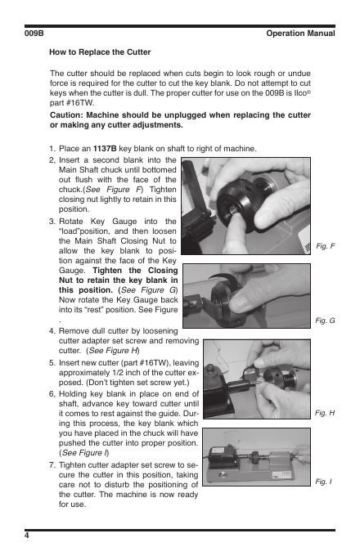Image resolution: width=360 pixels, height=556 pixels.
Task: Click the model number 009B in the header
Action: pos(34,34)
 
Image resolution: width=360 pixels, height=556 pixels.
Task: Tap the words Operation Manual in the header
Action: pos(300,34)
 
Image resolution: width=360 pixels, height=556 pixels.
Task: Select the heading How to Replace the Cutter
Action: pos(100,52)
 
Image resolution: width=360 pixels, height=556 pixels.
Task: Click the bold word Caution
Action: pos(66,115)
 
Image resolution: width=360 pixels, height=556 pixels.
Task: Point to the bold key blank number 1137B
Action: pos(105,149)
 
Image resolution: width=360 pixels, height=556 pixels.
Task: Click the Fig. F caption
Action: pos(326,246)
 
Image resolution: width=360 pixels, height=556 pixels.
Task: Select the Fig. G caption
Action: pos(325,321)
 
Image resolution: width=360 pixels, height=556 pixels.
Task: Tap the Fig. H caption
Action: pos(325,413)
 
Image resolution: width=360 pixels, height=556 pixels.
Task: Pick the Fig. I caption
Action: pos(323,481)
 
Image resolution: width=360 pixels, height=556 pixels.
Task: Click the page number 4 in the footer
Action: pos(27,535)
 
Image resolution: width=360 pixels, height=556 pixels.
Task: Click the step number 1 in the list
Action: pos(52,149)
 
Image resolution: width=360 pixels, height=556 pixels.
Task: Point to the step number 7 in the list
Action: pos(52,465)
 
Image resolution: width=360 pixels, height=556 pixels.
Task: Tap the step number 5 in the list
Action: pos(52,363)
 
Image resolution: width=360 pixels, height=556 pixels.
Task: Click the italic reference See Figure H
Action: pos(113,351)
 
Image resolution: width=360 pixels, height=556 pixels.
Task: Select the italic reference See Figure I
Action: pos(84,453)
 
